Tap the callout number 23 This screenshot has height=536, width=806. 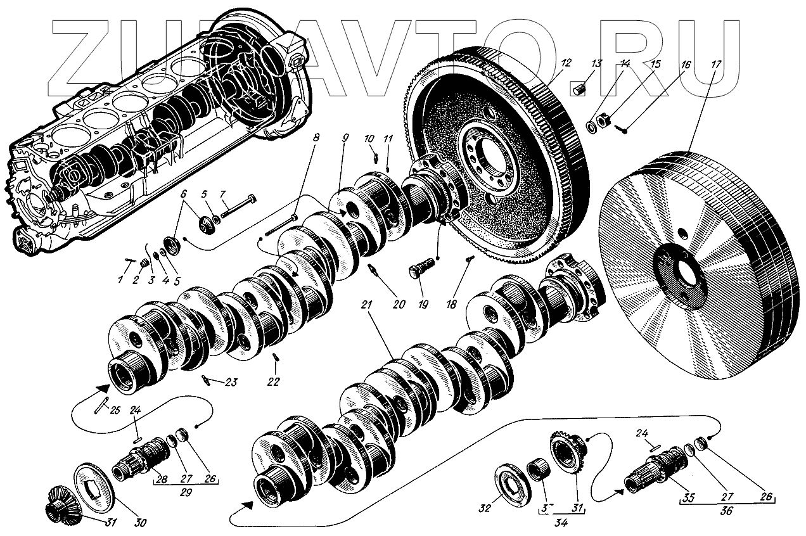230,382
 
